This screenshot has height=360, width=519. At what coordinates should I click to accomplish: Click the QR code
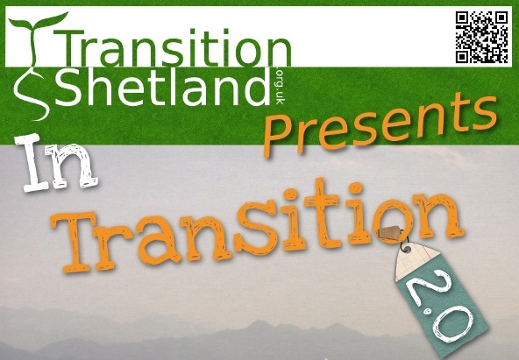pyautogui.click(x=481, y=37)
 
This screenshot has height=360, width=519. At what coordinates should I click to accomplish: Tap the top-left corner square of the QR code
pyautogui.click(x=462, y=18)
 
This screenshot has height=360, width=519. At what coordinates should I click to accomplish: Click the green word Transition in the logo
pyautogui.click(x=172, y=47)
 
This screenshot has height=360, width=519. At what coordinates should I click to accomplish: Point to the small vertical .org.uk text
pyautogui.click(x=281, y=87)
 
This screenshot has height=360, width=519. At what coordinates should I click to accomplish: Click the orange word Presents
pyautogui.click(x=380, y=124)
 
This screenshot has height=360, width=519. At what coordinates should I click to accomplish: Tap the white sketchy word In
pyautogui.click(x=57, y=163)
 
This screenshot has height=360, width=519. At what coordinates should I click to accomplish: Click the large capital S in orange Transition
pyautogui.click(x=254, y=225)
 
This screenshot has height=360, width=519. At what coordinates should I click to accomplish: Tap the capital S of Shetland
pyautogui.click(x=68, y=87)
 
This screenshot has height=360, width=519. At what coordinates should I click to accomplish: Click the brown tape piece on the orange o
pyautogui.click(x=390, y=231)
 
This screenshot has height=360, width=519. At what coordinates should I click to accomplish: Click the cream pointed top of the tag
pyautogui.click(x=416, y=261)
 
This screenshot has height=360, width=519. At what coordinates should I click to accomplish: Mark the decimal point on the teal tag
pyautogui.click(x=428, y=311)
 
